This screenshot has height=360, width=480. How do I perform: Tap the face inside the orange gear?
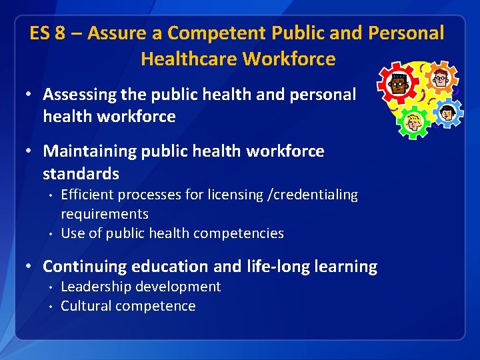tap(441, 79)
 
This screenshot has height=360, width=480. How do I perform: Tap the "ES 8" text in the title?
tap(47, 33)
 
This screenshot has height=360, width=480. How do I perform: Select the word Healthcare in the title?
tap(189, 59)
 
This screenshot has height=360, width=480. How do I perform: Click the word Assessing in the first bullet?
tap(79, 95)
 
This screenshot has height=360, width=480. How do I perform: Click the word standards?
tap(81, 174)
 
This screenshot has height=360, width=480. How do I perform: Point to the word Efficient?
tap(87, 195)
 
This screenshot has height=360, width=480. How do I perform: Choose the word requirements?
tap(105, 214)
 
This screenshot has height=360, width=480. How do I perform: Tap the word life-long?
tap(285, 267)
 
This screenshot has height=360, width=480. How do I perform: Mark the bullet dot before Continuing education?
tap(29, 266)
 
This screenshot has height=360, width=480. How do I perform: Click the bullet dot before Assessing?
tap(29, 95)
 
